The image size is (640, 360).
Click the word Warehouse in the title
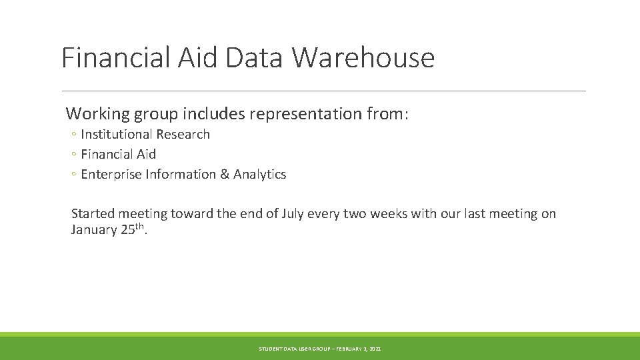[363, 57]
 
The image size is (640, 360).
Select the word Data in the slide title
[255, 57]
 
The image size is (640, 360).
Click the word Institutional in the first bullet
[116, 135]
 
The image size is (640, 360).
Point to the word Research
[183, 135]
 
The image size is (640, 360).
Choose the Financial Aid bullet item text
[118, 155]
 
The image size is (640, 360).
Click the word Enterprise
[111, 175]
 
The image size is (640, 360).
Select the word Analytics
[259, 175]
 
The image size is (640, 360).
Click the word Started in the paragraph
[94, 214]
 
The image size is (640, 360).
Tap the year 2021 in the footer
[375, 349]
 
